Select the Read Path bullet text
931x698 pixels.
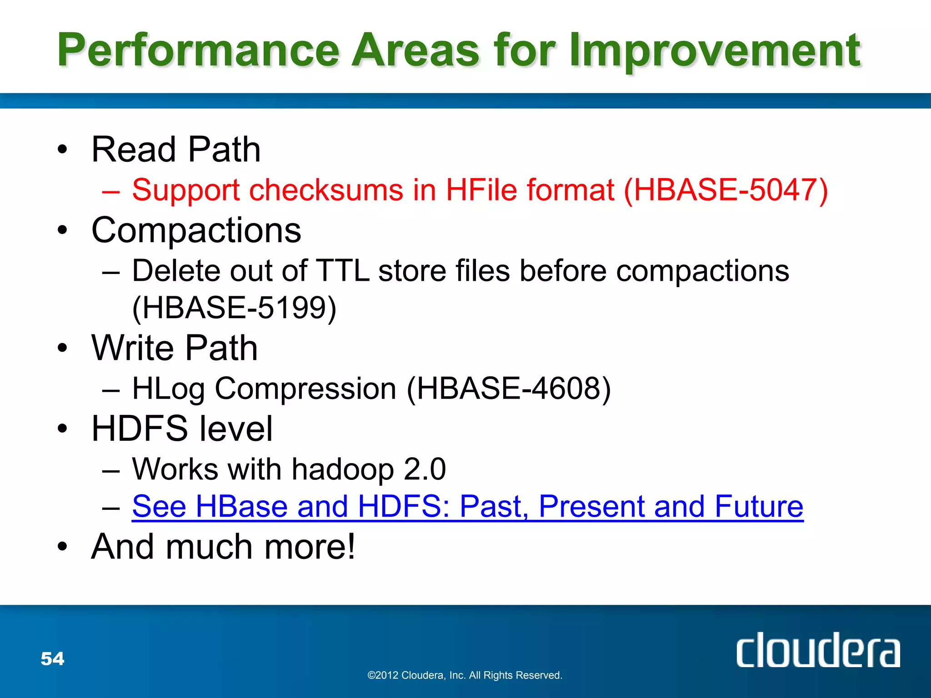176,150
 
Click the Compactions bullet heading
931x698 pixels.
196,230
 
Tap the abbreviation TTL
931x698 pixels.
342,271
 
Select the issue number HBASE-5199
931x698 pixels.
234,308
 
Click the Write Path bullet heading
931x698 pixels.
175,348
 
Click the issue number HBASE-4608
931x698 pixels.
509,389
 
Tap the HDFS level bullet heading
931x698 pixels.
182,429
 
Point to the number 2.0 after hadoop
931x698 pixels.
425,469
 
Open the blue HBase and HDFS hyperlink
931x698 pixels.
467,506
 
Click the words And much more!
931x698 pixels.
223,547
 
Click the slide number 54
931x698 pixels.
53,658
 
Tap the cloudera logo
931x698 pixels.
818,651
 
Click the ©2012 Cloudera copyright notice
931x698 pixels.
465,675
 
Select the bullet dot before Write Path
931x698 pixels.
62,349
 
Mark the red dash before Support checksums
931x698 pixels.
111,191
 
